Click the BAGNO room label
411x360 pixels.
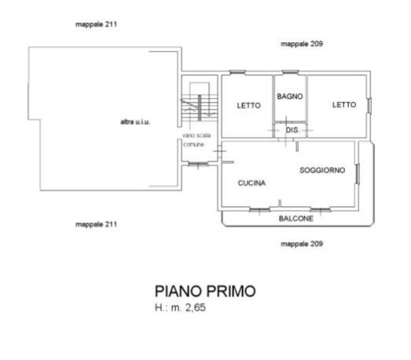(289, 96)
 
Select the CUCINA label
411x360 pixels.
(252, 183)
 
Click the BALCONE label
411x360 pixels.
(296, 218)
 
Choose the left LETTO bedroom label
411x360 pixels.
(249, 105)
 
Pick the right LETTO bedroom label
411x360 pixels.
(344, 104)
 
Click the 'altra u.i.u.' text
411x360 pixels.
(135, 122)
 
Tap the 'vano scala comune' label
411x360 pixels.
(194, 140)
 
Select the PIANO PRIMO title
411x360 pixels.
(205, 291)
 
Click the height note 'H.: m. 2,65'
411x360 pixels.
(180, 307)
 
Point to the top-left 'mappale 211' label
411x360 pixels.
(96, 25)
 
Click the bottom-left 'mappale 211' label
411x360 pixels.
(96, 224)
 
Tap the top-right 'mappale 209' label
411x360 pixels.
(302, 44)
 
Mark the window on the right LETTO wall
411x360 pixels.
(370, 104)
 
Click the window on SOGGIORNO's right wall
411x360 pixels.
(358, 174)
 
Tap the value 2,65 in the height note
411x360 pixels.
(194, 307)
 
